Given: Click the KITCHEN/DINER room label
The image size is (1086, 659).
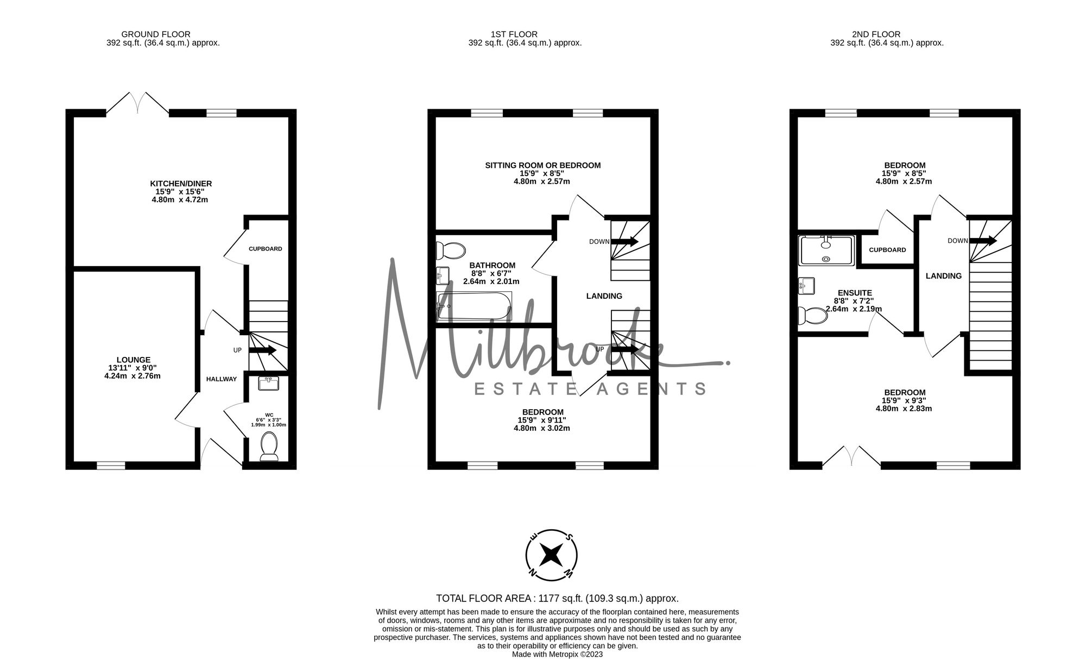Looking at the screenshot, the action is (x=181, y=184).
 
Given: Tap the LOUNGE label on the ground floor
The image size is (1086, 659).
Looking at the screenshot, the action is (x=134, y=360).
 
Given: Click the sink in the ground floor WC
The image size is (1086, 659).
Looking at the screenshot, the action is (x=269, y=383).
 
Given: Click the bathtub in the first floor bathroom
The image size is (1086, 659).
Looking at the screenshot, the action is (x=473, y=306).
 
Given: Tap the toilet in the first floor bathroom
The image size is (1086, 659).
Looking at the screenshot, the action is (x=451, y=250).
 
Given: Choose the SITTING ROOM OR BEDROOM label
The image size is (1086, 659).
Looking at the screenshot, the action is (x=543, y=165).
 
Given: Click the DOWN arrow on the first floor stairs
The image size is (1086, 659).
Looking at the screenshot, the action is (x=625, y=241).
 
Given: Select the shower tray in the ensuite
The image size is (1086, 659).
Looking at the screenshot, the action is (x=826, y=250).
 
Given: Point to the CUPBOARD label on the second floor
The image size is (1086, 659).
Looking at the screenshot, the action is (x=887, y=250).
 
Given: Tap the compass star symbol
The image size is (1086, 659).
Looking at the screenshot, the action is (x=552, y=555).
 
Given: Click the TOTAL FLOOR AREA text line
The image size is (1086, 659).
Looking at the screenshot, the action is (x=558, y=598).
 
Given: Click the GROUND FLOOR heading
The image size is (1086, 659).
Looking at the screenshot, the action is (x=156, y=34).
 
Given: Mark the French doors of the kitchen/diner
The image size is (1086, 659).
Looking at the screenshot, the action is (x=137, y=103).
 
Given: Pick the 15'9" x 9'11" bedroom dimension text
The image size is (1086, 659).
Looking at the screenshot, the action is (x=542, y=420).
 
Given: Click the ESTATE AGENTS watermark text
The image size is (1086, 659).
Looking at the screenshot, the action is (x=591, y=388).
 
